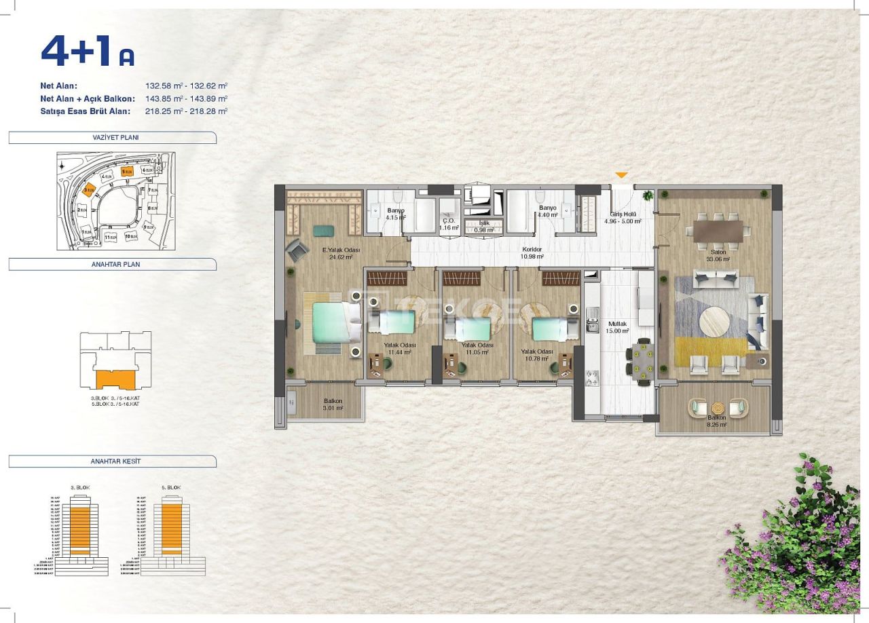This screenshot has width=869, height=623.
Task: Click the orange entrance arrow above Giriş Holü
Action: coord(621,176)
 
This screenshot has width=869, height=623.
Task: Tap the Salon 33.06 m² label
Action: coord(717,255)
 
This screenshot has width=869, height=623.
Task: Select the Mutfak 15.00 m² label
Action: coord(618,328)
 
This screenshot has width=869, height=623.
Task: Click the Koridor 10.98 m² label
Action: coord(534,252)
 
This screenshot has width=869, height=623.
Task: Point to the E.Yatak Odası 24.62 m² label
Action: coord(341,254)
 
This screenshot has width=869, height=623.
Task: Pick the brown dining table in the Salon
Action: coord(718,231)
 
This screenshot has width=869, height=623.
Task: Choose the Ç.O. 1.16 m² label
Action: coord(448,224)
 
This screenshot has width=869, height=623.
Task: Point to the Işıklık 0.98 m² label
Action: coord(483,226)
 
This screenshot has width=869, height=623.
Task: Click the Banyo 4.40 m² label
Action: coord(547,211)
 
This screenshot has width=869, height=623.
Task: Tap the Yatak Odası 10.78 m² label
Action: coord(536,355)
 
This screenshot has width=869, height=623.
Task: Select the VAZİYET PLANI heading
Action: coord(111,137)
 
